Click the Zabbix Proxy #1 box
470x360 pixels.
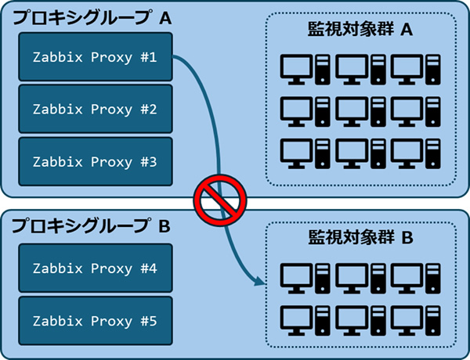pos(95,57)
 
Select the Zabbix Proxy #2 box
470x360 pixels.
pos(95,109)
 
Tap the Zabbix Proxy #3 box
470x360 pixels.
pos(95,161)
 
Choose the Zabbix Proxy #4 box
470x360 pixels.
pos(95,268)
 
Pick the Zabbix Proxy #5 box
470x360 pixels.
pos(95,320)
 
